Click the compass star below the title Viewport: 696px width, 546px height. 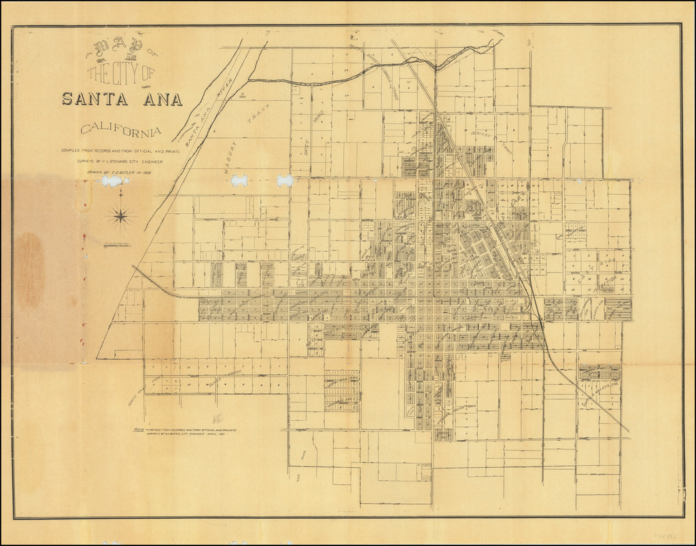point(122,217)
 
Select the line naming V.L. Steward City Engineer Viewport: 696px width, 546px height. point(121,162)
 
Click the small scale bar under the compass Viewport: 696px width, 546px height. point(116,244)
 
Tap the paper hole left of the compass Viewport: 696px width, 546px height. point(107,181)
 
